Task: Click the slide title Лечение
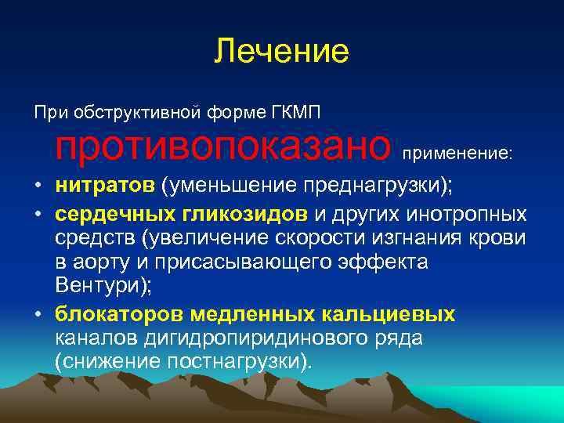pyautogui.click(x=281, y=52)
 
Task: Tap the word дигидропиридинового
pyautogui.click(x=231, y=338)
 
